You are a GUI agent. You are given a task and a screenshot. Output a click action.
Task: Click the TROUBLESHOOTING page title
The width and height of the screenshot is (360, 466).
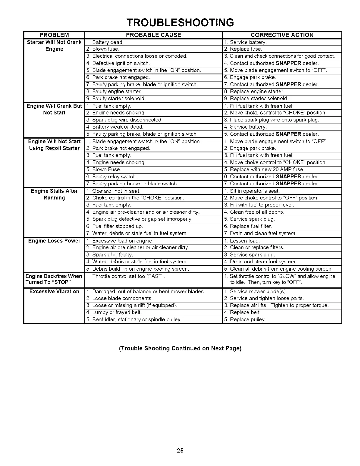(180, 22)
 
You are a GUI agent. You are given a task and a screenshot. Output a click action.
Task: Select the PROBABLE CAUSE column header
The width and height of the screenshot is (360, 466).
(153, 35)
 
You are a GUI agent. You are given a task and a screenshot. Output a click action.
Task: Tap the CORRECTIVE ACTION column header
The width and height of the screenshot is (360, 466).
(282, 35)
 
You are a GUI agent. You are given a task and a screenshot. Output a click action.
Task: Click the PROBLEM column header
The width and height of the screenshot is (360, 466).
(54, 35)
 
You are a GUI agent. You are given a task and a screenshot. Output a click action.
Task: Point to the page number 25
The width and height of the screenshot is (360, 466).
(180, 450)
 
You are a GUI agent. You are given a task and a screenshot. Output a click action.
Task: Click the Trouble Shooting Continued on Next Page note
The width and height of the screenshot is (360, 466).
(180, 348)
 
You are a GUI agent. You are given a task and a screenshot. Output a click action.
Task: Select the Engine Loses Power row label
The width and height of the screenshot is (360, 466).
(54, 241)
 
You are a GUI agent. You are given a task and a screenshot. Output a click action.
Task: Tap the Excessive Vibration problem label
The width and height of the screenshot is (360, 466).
(54, 292)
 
